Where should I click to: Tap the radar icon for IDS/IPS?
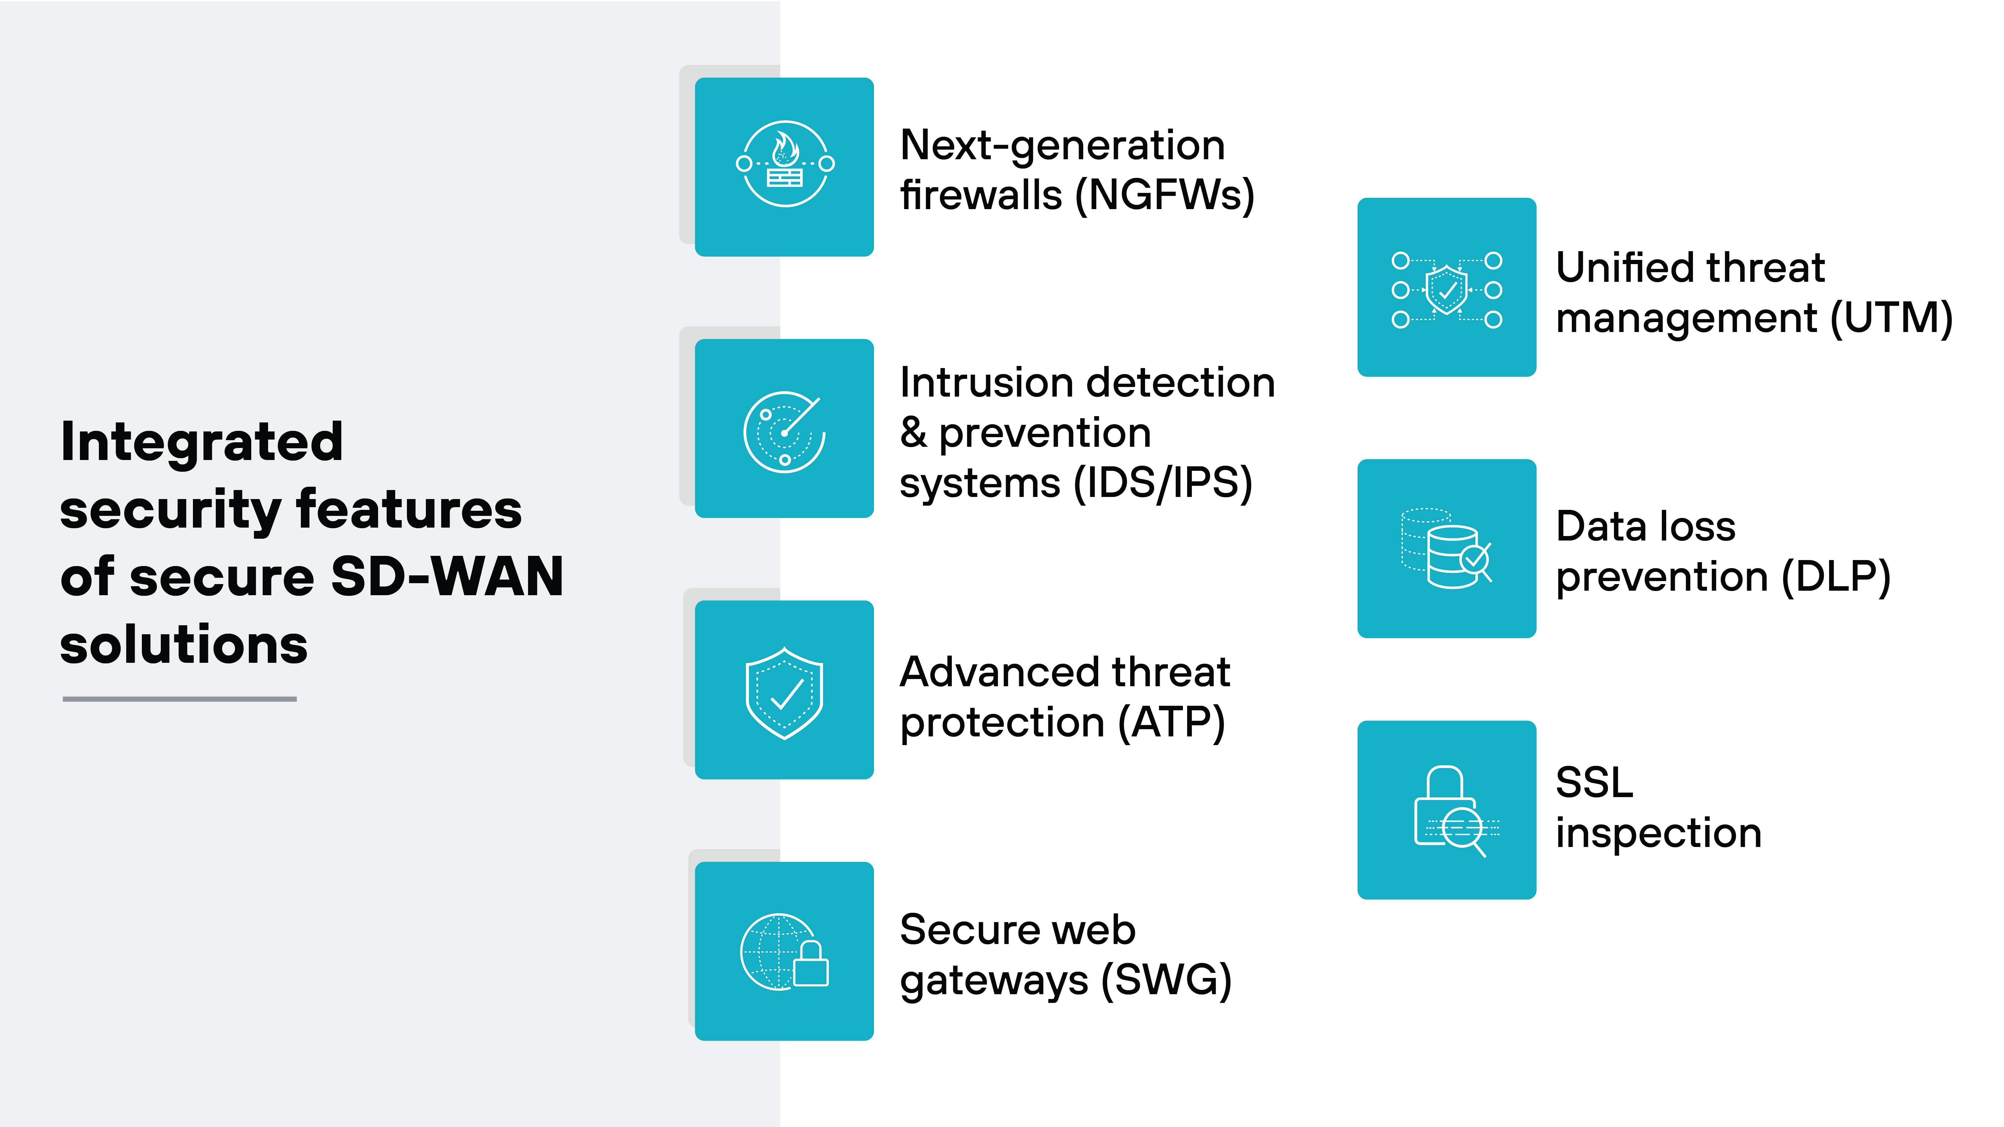point(784,432)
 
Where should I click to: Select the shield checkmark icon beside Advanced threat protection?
point(784,692)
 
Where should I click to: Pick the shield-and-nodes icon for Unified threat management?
point(1446,289)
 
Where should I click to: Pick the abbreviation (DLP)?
point(1836,577)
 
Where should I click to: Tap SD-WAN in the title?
point(447,577)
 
